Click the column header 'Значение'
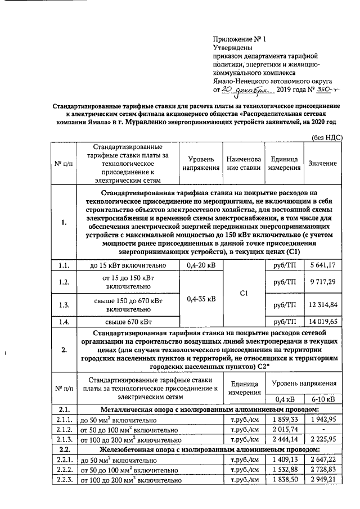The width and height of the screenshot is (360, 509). pyautogui.click(x=323, y=163)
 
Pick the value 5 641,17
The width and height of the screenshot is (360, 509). pyautogui.click(x=323, y=264)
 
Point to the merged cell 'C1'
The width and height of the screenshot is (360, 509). pyautogui.click(x=244, y=293)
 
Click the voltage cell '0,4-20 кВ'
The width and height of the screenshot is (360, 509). pyautogui.click(x=200, y=264)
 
